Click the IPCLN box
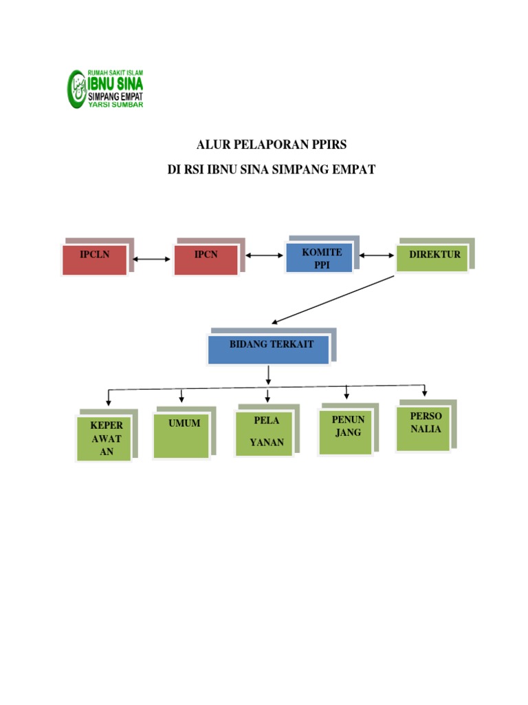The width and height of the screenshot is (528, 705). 95,260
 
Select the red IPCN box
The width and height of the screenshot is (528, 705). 206,260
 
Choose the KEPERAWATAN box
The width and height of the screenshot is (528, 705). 104,438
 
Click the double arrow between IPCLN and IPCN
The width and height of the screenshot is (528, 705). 151,260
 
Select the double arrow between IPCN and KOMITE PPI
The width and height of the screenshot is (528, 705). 264,256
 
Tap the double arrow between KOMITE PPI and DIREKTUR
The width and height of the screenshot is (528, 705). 376,256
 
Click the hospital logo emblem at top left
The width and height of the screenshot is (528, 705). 78,89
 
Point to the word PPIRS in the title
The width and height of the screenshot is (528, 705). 327,145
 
